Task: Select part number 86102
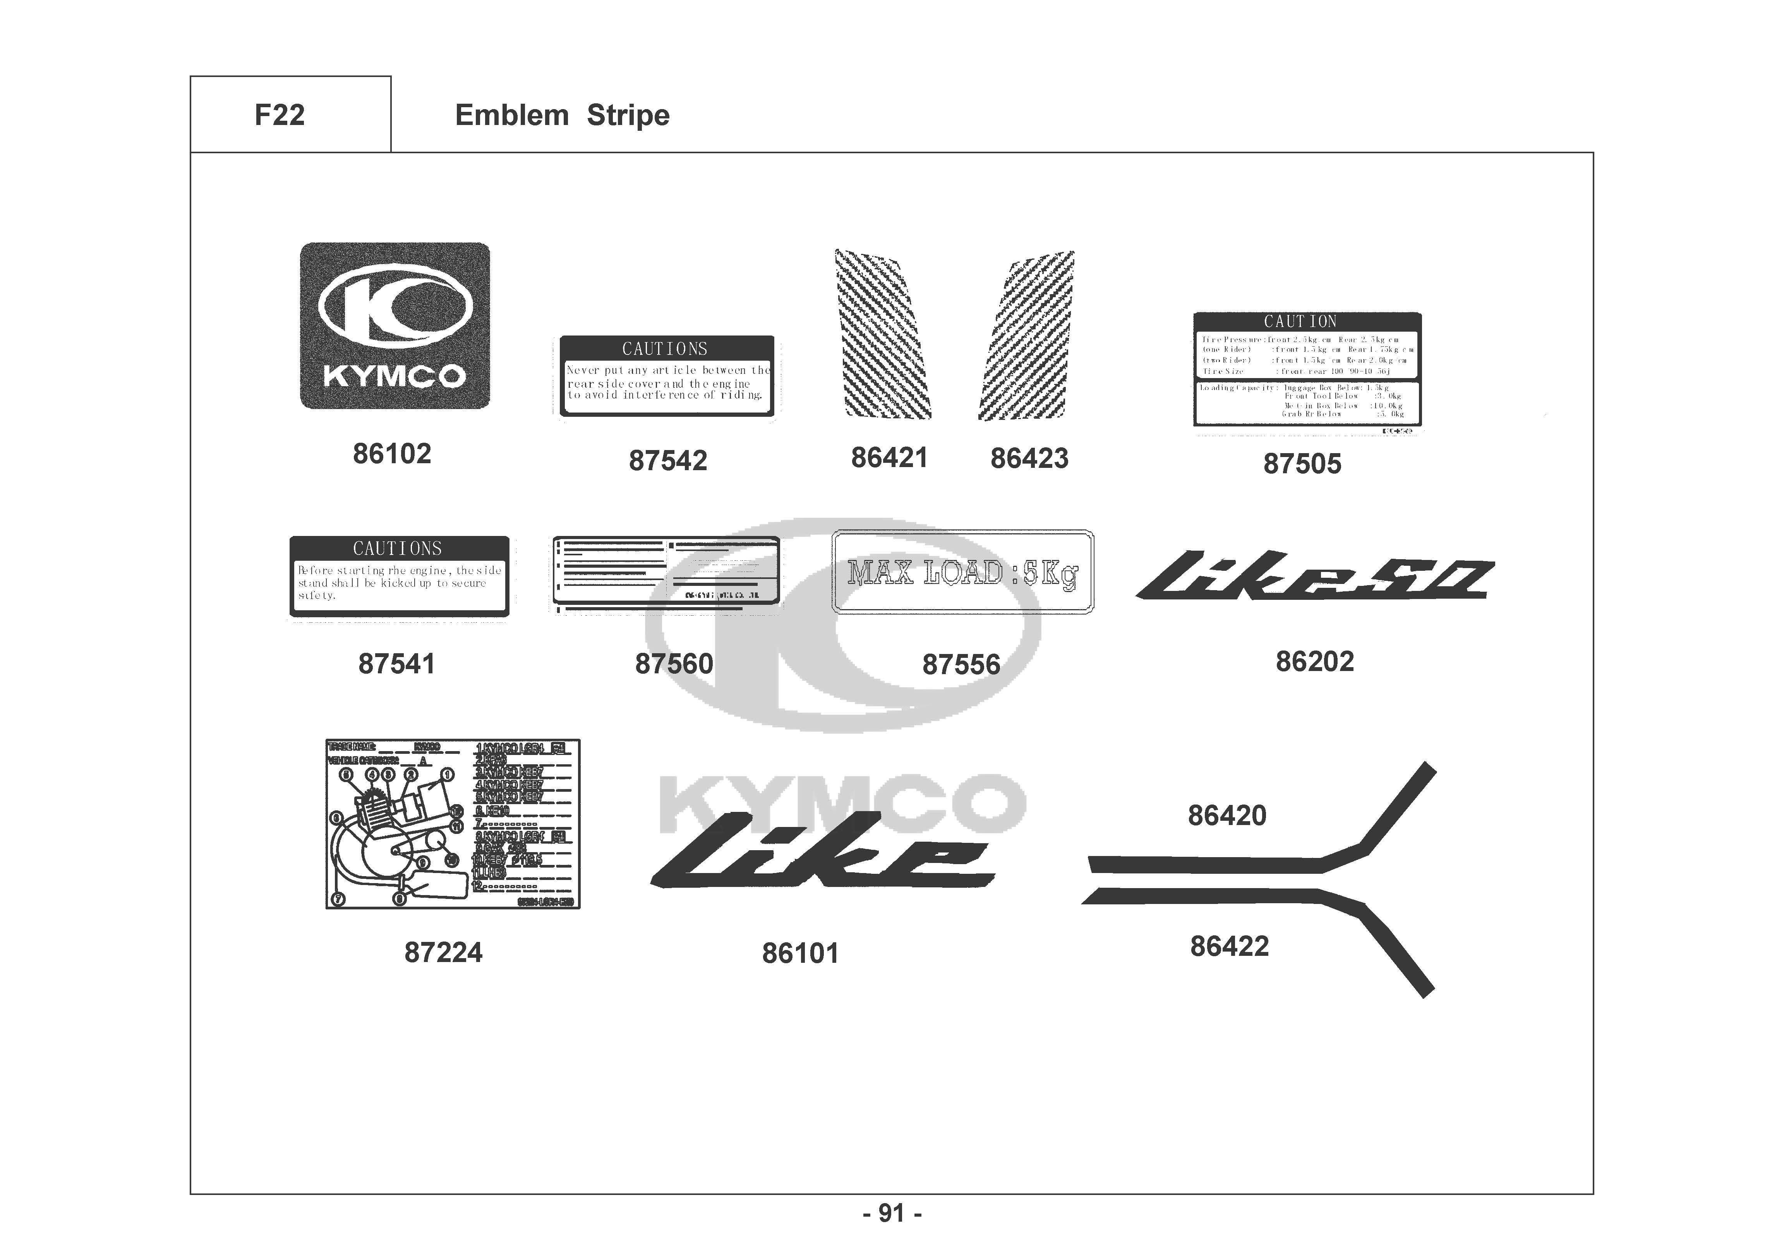click(392, 454)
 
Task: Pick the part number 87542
click(667, 461)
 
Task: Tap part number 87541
click(396, 664)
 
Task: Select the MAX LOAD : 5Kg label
click(963, 572)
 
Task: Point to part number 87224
click(443, 952)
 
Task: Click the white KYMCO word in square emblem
click(394, 377)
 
